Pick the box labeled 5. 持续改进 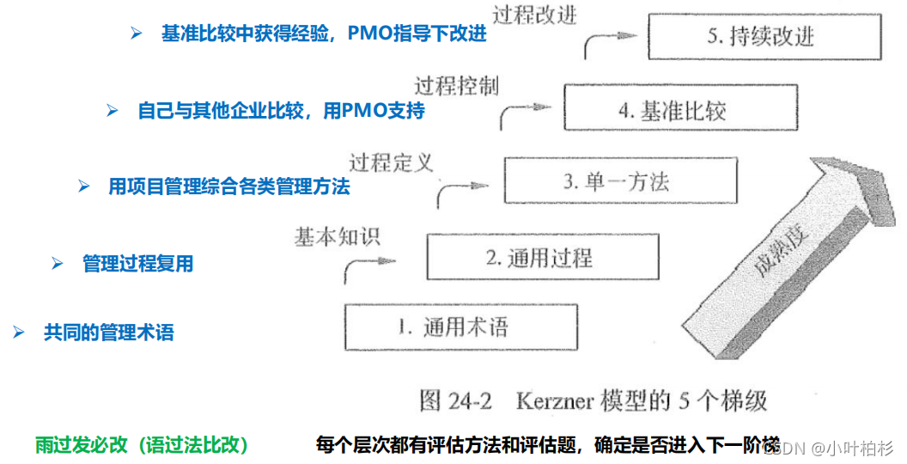[764, 37]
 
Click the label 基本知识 [336, 235]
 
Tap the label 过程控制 [456, 86]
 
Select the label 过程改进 [534, 15]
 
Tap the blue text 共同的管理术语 [108, 333]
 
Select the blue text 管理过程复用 [137, 264]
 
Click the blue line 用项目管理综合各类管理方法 [228, 186]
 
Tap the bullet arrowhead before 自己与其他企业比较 [112, 111]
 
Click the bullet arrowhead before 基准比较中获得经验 [136, 34]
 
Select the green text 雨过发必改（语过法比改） [143, 445]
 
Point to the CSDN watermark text [782, 448]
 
